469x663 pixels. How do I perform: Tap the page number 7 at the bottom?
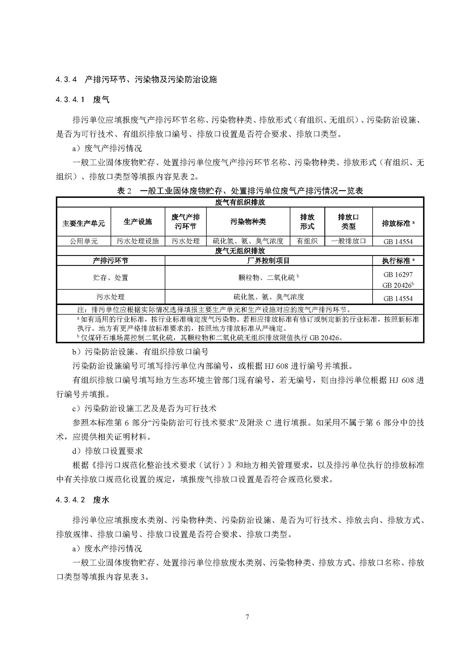[247, 617]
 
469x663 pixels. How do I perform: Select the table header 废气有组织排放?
[240, 202]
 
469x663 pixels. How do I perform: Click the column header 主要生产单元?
[83, 223]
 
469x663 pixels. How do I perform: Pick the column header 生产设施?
[138, 222]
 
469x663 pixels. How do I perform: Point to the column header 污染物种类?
[248, 222]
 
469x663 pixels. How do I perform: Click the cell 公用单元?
[83, 241]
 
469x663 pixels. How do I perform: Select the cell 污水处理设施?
[138, 241]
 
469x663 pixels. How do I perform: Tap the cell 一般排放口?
[348, 241]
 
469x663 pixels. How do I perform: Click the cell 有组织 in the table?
[307, 241]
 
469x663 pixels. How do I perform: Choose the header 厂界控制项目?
[268, 261]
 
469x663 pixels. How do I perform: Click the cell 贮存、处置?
[110, 278]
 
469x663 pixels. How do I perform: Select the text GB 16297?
[398, 274]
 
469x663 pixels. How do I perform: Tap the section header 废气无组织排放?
[240, 251]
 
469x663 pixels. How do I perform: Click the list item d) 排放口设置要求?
[107, 451]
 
